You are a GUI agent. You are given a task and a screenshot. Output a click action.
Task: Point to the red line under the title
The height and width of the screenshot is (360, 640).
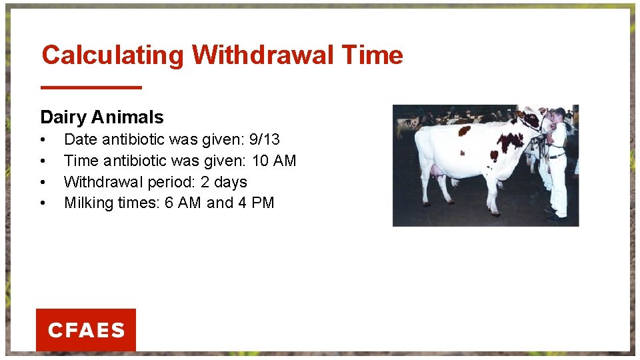click(91, 87)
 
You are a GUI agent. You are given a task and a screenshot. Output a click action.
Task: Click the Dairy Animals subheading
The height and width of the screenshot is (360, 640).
click(101, 117)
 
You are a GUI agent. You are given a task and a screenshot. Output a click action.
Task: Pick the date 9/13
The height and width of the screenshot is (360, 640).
click(264, 140)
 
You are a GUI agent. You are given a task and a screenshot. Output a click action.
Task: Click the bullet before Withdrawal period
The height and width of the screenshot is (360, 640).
click(43, 183)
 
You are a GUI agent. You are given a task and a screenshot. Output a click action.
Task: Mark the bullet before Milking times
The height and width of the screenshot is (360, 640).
click(43, 203)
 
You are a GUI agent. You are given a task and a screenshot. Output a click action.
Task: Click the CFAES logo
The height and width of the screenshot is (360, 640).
click(86, 330)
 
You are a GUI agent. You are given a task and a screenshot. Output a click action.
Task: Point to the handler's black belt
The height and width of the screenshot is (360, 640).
click(557, 155)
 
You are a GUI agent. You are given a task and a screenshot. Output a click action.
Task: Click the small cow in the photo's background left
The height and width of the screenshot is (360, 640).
click(406, 124)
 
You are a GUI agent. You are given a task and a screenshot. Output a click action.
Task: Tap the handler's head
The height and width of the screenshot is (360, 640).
click(559, 114)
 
